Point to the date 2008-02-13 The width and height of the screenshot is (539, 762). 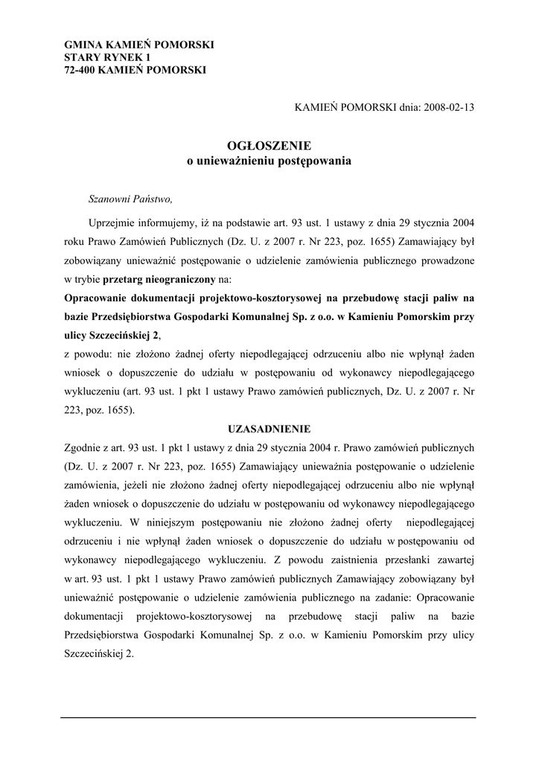449,106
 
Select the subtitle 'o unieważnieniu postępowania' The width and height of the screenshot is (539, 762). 269,160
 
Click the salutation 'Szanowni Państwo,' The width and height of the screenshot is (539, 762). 130,199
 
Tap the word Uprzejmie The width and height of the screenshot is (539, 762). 112,222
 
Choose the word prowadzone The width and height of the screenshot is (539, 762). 446,261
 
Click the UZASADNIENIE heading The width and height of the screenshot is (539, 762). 269,429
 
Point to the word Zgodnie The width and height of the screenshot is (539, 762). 85,449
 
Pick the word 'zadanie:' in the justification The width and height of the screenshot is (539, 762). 390,596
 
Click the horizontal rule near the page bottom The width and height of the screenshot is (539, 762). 269,717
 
